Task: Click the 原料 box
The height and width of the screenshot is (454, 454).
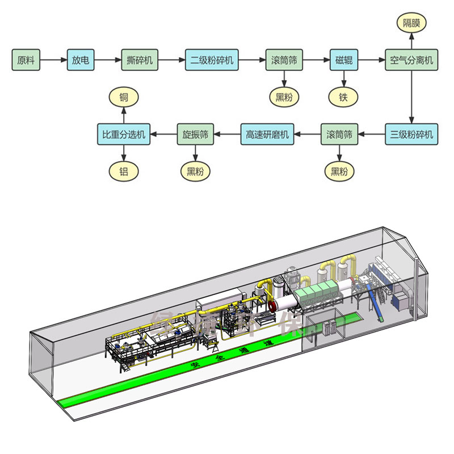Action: click(x=26, y=60)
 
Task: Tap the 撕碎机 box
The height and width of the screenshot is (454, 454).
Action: click(x=140, y=60)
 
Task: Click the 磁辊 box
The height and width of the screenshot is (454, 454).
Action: click(x=344, y=60)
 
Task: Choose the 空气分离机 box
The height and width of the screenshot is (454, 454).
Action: click(x=412, y=60)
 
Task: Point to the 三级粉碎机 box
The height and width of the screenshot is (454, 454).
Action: click(x=412, y=134)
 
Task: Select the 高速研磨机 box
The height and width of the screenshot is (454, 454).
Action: click(x=267, y=134)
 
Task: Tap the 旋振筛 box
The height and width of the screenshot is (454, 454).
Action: click(x=195, y=134)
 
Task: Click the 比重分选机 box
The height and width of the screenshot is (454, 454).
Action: click(x=123, y=134)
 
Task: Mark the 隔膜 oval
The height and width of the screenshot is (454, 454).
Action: click(x=412, y=23)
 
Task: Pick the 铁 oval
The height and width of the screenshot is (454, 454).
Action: click(x=344, y=97)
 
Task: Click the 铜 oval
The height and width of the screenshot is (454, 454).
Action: click(x=123, y=97)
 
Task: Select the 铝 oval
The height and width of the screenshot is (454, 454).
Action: click(x=123, y=171)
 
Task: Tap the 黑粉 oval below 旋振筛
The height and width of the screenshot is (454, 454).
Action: click(x=195, y=171)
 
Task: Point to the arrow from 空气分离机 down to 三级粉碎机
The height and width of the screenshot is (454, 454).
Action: click(x=412, y=96)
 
